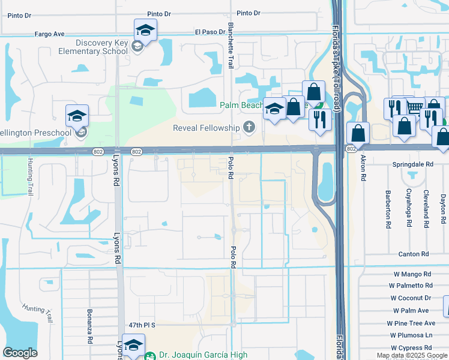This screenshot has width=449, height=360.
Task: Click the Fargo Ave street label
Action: point(49,34)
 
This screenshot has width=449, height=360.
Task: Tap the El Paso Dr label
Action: point(208,32)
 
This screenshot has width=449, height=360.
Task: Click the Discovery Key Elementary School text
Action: point(101,47)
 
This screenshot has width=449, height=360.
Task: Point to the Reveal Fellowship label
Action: point(206,127)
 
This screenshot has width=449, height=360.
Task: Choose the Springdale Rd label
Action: point(412,164)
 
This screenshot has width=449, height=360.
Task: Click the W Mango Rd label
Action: point(413,274)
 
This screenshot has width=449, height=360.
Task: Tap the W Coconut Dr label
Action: point(411,298)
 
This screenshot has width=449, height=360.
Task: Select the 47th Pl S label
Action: point(143,325)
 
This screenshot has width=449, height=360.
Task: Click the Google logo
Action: point(20,353)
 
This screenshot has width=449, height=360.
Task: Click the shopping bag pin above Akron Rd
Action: point(358,133)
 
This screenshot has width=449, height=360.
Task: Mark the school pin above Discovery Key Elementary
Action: point(145,30)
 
